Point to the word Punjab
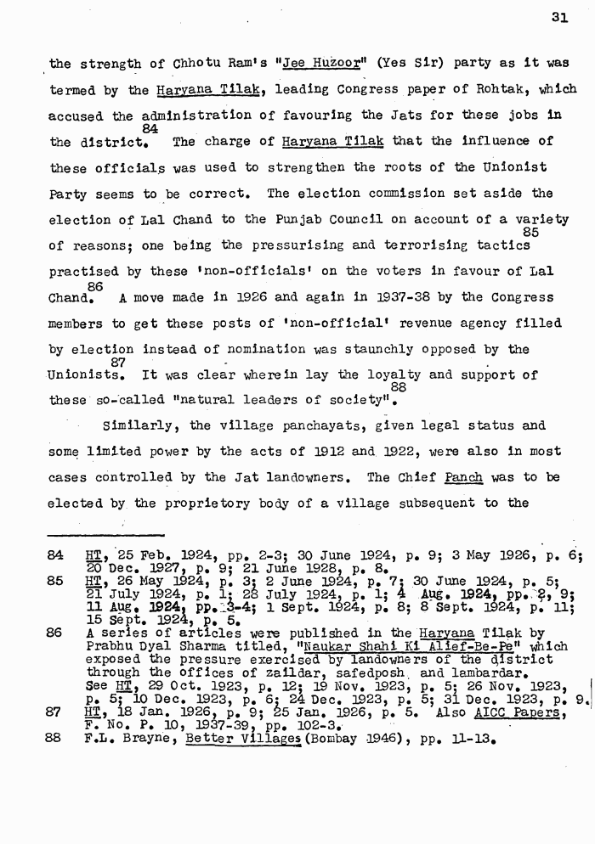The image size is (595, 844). (x=275, y=219)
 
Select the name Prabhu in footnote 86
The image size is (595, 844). (x=110, y=645)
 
